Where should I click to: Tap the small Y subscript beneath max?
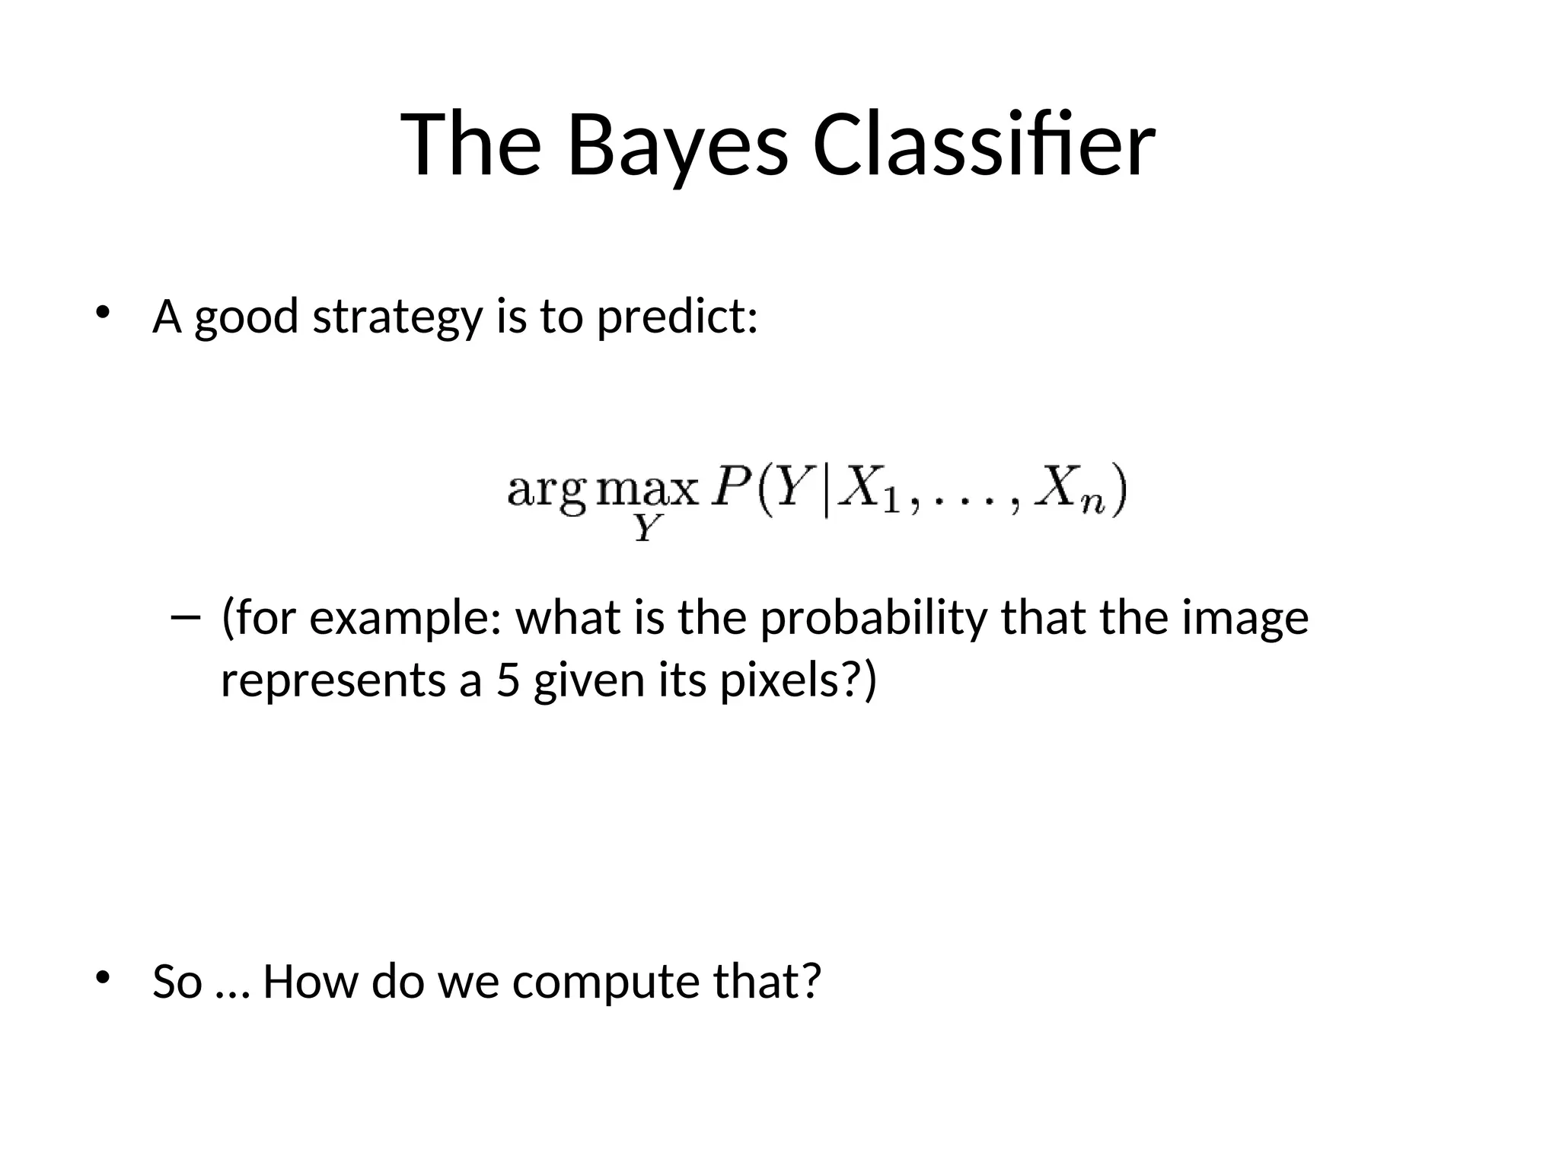tap(646, 527)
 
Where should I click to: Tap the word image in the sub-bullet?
tap(1245, 618)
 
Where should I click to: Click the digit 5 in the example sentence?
tap(508, 680)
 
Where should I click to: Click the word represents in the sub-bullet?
tap(333, 681)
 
